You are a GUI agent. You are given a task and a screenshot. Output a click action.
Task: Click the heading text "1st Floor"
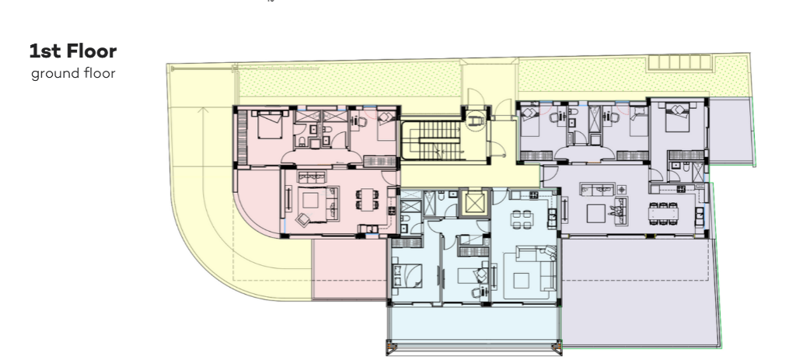(x=73, y=51)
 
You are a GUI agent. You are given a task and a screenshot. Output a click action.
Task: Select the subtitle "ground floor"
(x=73, y=73)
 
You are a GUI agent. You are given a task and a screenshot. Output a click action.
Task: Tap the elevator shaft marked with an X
(x=475, y=203)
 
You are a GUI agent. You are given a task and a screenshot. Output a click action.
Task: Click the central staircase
(x=431, y=140)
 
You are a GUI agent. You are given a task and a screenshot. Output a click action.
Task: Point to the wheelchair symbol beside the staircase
(x=477, y=121)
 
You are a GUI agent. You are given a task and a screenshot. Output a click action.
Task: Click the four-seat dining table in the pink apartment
(x=367, y=198)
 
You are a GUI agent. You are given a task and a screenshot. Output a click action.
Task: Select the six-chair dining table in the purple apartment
(x=663, y=213)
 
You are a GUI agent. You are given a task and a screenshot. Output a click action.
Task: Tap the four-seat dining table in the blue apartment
(x=522, y=220)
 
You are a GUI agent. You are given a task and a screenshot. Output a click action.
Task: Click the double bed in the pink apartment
(x=270, y=124)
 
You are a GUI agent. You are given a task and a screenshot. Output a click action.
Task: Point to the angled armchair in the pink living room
(x=303, y=219)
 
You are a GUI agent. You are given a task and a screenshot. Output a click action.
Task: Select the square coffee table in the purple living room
(x=596, y=213)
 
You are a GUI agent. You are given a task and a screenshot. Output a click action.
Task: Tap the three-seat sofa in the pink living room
(x=312, y=177)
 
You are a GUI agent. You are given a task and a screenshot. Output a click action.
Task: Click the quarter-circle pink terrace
(x=257, y=202)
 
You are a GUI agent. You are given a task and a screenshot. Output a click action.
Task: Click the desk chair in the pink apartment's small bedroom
(x=361, y=121)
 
